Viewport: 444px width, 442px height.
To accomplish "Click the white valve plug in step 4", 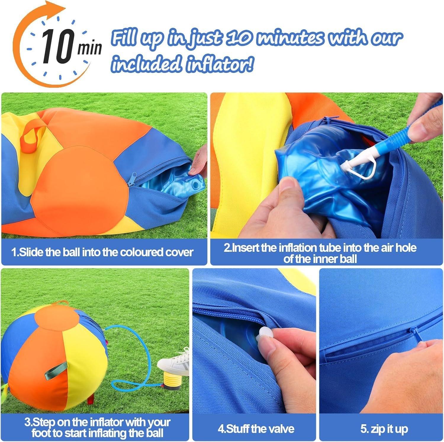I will [264, 332].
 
